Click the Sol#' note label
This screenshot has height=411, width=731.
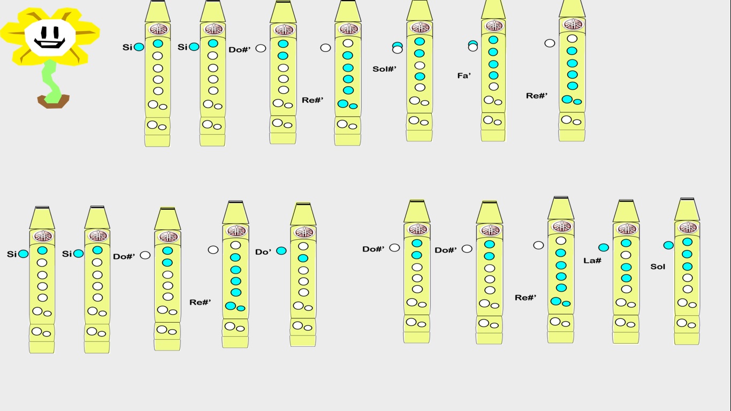pos(384,69)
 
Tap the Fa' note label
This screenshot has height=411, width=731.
pos(464,76)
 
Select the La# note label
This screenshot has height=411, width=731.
pos(592,261)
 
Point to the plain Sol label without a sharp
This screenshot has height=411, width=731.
pos(658,267)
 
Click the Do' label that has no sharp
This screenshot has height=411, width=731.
pos(263,252)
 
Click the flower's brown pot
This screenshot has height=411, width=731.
pos(53,101)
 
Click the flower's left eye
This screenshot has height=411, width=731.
pos(42,30)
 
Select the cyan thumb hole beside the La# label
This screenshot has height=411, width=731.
pos(603,247)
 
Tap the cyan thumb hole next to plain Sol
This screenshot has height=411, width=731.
pos(668,245)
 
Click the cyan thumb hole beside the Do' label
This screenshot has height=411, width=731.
pos(281,250)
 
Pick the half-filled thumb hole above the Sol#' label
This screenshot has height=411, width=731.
pos(397,48)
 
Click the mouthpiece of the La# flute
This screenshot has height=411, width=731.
pos(626,211)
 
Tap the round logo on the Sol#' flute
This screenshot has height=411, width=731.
pos(420,27)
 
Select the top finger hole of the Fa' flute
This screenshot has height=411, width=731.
pos(493,40)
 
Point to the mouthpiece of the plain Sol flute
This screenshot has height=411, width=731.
pos(687,209)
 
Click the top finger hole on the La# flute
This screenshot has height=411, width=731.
pos(626,243)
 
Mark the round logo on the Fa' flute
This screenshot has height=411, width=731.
pos(493,25)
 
